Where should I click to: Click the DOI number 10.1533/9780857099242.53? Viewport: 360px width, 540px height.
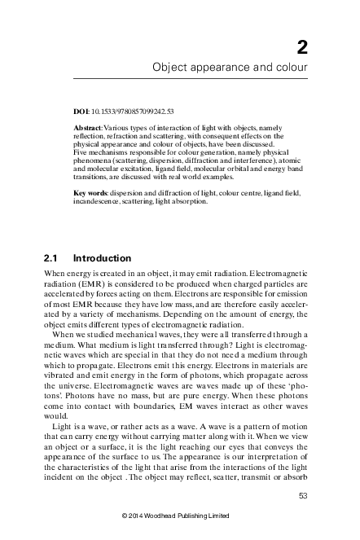coord(128,108)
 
